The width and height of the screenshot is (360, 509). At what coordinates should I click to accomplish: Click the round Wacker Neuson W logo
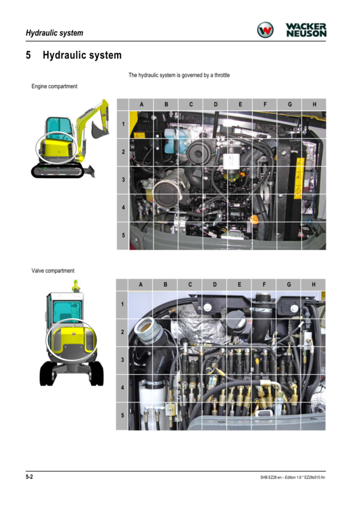(x=265, y=30)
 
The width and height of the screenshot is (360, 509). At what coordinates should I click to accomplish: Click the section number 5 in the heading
(x=29, y=55)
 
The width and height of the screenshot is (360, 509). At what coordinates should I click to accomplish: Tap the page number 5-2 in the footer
(x=29, y=477)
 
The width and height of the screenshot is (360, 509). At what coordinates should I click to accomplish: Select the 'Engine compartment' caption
(x=54, y=86)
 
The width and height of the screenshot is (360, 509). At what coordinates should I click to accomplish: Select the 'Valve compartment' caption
(x=53, y=271)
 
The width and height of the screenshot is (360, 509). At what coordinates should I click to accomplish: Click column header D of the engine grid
(x=215, y=104)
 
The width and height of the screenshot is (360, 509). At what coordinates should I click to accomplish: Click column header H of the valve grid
(x=314, y=285)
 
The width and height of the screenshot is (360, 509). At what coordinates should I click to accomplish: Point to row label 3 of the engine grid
(x=123, y=179)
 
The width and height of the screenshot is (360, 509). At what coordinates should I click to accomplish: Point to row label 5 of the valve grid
(x=122, y=415)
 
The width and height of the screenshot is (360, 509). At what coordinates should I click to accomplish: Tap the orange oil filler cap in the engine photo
(x=254, y=220)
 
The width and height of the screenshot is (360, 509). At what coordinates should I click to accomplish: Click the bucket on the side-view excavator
(x=98, y=130)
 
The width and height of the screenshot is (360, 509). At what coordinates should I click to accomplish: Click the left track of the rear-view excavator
(x=47, y=374)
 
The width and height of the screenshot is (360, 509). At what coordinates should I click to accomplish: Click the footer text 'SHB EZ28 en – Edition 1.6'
(x=278, y=477)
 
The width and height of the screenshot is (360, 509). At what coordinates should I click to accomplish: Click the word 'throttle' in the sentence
(x=222, y=76)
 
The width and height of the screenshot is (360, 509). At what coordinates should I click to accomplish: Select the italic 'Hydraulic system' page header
(x=55, y=33)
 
